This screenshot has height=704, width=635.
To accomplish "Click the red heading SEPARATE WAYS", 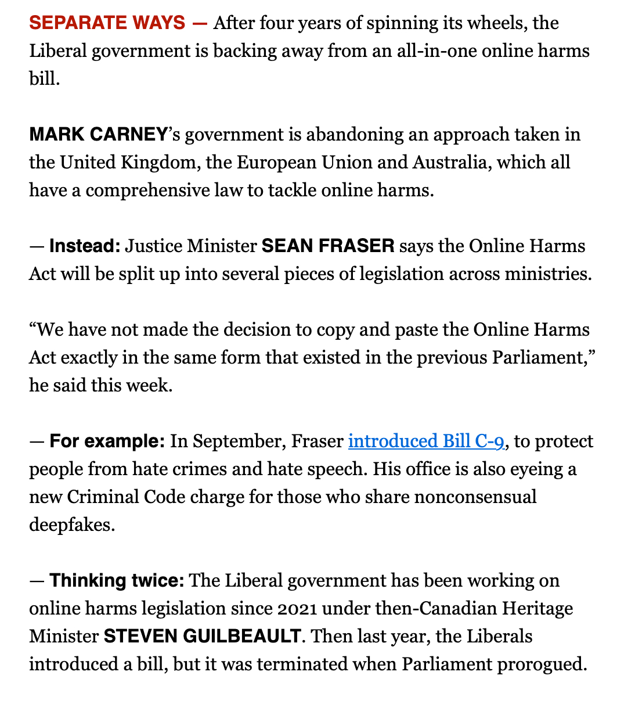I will pos(107,23).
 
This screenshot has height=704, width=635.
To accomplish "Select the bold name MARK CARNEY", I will pos(98,135).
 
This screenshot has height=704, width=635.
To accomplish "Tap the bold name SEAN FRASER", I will pos(328,246).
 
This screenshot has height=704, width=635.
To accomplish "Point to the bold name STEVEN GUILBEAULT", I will pos(202,637).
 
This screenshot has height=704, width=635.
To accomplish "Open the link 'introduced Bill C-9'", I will pos(425,441).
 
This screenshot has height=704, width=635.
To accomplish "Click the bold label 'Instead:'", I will pos(85,246).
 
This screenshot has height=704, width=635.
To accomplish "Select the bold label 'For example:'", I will pos(107,441).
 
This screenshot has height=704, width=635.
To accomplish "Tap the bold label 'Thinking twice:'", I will pos(117,581).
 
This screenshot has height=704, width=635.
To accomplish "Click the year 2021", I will pos(297,609).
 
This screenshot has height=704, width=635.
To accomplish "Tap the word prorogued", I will pos(542,665).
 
